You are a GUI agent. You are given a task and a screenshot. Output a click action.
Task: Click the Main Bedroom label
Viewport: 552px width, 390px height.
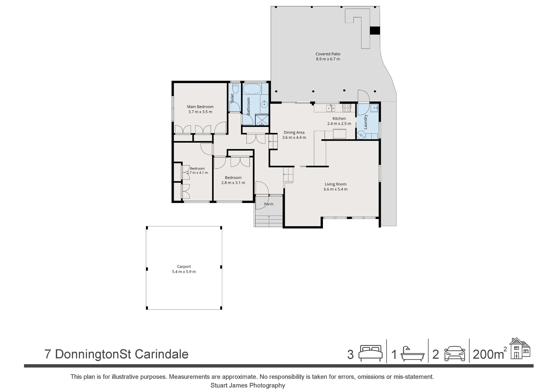click(200, 107)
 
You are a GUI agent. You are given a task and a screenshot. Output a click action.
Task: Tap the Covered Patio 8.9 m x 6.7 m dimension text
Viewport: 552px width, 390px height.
click(328, 59)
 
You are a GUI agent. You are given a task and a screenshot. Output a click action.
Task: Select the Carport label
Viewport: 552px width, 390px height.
click(184, 267)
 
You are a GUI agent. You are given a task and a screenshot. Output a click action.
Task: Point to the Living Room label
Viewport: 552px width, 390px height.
click(335, 184)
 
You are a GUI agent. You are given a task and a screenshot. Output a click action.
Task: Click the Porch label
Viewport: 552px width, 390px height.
click(269, 204)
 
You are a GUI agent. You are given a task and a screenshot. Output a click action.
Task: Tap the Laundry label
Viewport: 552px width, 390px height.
click(366, 122)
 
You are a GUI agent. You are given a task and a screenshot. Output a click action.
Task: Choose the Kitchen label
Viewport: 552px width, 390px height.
click(339, 119)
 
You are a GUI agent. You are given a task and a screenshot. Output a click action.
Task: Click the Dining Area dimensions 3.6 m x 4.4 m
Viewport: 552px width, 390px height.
click(294, 137)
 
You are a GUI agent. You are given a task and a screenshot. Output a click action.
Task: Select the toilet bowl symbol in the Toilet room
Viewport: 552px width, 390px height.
click(235, 88)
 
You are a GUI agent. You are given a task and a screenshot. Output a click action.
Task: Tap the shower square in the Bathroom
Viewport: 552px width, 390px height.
click(262, 119)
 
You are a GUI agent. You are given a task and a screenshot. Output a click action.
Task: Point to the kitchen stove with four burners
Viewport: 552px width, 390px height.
click(346, 108)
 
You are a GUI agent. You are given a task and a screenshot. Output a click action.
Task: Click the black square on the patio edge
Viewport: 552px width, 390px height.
click(375, 31)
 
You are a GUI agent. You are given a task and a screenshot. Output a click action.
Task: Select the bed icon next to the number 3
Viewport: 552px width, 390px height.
click(370, 353)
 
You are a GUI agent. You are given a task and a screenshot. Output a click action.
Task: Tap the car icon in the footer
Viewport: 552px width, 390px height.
click(455, 353)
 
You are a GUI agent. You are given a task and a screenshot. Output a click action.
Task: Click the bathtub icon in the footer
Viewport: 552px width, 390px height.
click(412, 354)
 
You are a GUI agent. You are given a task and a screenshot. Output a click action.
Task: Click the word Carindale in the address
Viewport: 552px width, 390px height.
click(162, 354)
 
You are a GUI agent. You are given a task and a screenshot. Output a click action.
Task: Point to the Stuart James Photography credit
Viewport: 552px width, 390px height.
click(248, 385)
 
